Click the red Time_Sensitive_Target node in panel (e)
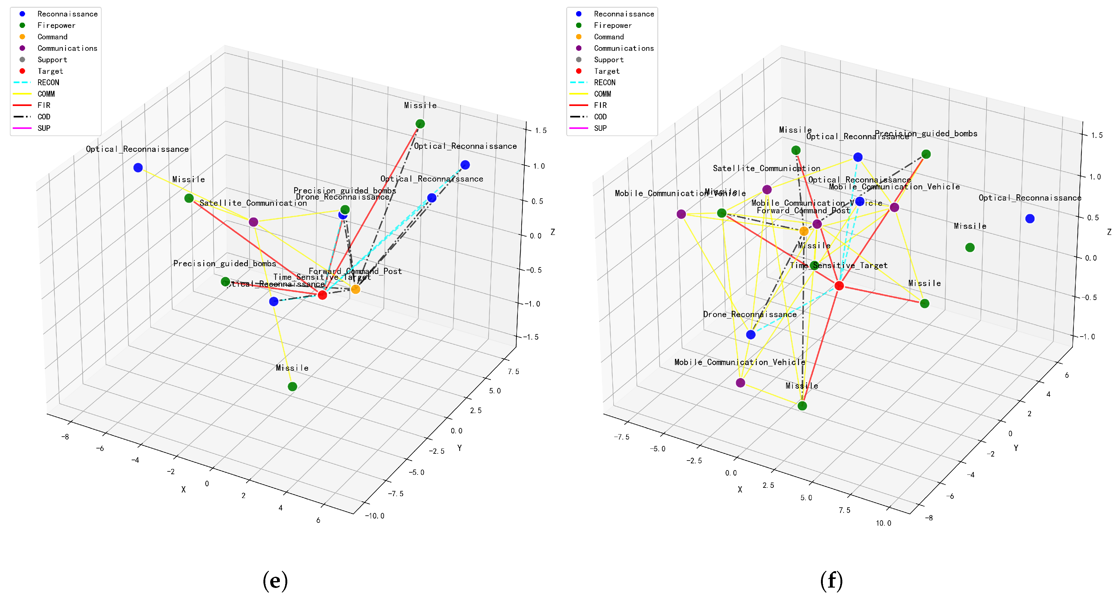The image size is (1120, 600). point(322,295)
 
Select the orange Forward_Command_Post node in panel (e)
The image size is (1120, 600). point(356,289)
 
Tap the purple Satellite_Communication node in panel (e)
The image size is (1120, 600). point(254,222)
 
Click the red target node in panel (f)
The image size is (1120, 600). point(839,286)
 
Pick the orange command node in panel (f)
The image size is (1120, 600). point(804,231)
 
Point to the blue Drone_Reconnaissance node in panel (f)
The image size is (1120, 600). point(751,334)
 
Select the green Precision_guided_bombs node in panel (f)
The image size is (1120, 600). point(926,154)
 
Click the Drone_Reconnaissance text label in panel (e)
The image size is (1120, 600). point(343,197)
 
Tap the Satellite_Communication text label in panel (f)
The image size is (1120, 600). point(766,168)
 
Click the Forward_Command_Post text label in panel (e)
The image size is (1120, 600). point(355,271)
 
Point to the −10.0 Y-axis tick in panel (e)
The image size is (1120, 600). point(375,516)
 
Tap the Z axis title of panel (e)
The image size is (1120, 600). point(553,232)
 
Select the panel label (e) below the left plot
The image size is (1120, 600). point(275,580)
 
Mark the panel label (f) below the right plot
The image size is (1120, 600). point(831,580)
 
